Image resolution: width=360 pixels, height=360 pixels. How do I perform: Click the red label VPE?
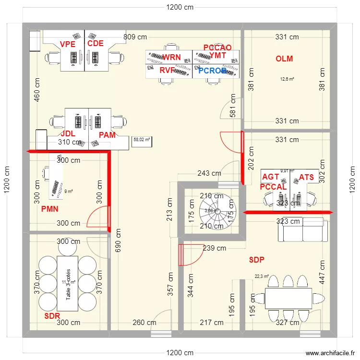68,44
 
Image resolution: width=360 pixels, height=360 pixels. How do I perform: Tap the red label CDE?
95,44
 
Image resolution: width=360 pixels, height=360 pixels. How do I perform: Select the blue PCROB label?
212,71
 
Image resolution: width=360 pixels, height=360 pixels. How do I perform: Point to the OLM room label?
284,59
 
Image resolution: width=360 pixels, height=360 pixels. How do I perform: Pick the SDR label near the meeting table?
52,316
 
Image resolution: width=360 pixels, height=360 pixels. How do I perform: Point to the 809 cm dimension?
135,36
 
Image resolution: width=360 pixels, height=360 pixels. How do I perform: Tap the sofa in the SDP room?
303,229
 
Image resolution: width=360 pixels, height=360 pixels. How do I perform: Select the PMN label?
49,209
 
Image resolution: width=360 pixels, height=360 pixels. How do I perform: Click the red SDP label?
257,260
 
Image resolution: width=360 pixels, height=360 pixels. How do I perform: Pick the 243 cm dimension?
209,173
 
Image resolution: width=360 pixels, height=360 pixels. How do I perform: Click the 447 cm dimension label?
322,272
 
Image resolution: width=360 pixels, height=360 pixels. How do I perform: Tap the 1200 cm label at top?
180,7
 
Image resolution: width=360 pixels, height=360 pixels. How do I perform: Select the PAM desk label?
107,135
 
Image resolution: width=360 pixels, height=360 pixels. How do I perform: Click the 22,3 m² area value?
262,276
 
